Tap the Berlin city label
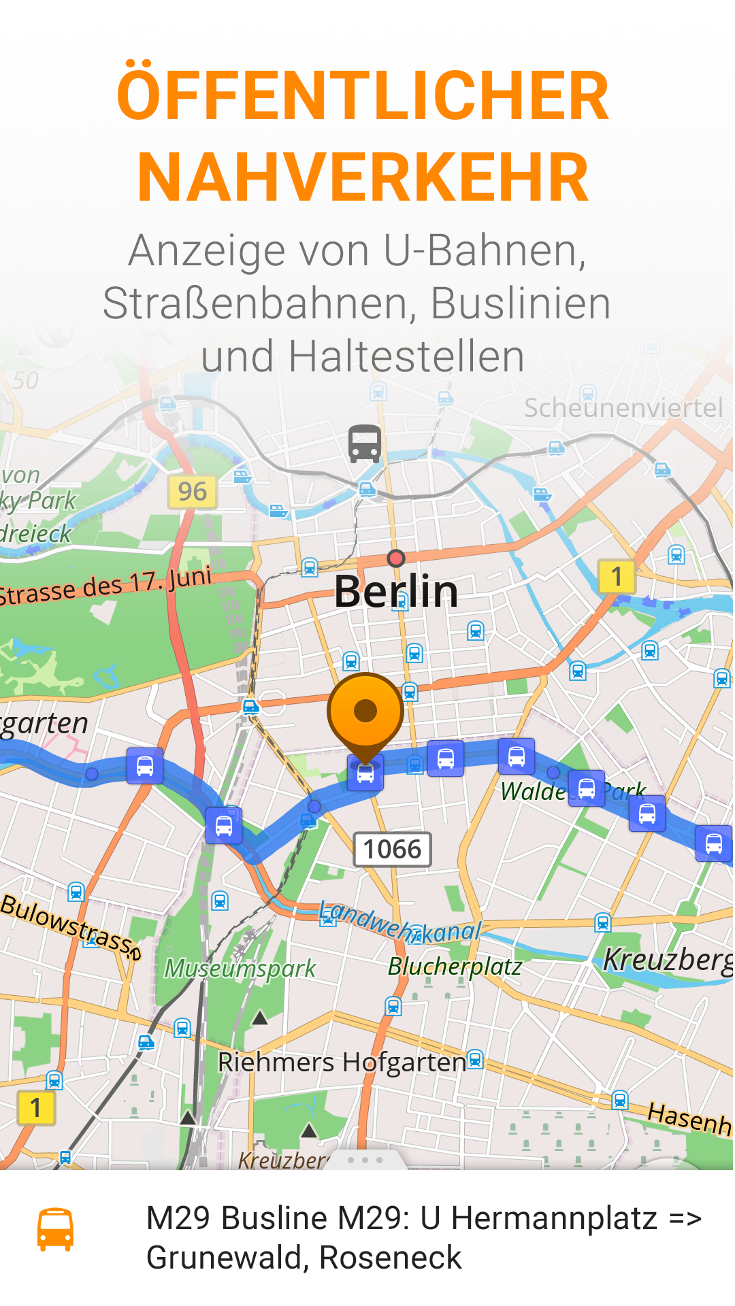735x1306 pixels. click(396, 590)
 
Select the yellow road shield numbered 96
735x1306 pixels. click(193, 492)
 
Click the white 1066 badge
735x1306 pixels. click(392, 850)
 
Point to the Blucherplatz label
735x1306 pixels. click(455, 967)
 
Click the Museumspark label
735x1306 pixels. click(240, 968)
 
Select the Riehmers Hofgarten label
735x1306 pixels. click(342, 1062)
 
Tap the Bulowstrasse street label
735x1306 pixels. click(71, 925)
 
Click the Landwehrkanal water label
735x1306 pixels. click(400, 924)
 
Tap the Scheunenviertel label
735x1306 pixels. click(623, 408)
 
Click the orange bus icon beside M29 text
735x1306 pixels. click(55, 1229)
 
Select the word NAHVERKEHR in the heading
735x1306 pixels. click(363, 178)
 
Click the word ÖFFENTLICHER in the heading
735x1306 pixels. click(363, 96)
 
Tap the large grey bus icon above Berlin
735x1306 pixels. click(365, 443)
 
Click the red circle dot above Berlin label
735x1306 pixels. click(395, 558)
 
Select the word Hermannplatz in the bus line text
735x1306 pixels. click(554, 1218)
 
